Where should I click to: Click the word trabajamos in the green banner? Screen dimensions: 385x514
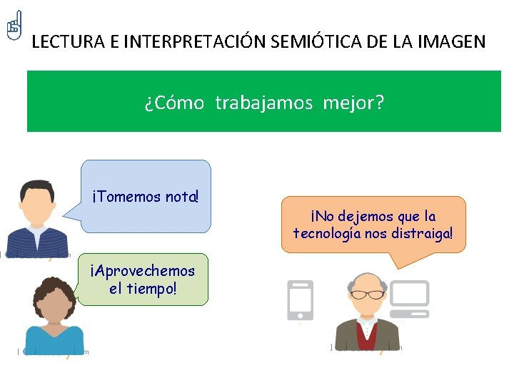[x=264, y=103]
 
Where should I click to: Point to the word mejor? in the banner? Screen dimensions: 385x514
[x=353, y=103]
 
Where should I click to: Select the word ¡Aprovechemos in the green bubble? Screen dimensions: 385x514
[x=142, y=271]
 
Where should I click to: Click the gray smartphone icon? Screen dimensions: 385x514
[x=300, y=300]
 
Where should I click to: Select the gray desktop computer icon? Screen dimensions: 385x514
[x=408, y=298]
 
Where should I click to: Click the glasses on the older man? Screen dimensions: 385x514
[x=366, y=294]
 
